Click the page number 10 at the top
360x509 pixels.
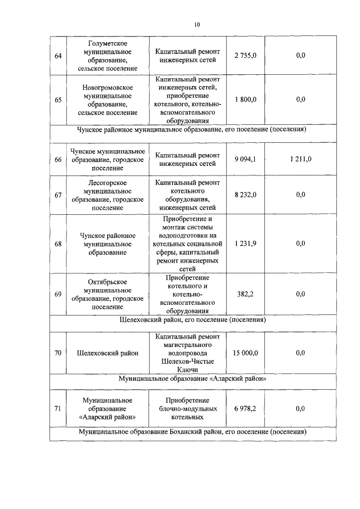click(197, 24)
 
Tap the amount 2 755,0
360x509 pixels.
click(245, 56)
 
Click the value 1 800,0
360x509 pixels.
click(245, 100)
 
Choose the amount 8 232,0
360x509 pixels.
click(245, 195)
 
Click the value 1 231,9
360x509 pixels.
click(245, 244)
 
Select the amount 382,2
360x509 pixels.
click(245, 294)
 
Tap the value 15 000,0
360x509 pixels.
click(245, 353)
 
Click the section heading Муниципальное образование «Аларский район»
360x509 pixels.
click(192, 379)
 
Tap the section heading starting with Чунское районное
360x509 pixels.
click(192, 129)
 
